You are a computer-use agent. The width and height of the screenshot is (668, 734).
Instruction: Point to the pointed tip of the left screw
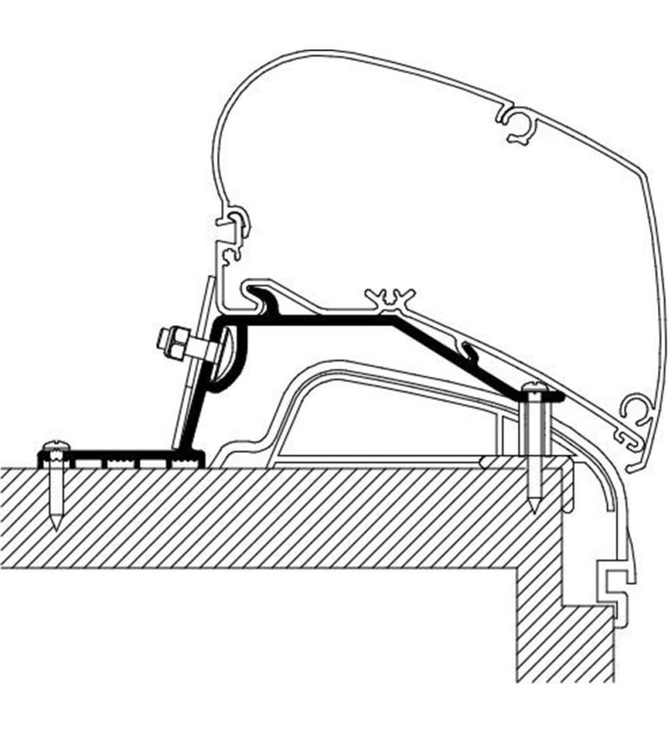pyautogui.click(x=57, y=528)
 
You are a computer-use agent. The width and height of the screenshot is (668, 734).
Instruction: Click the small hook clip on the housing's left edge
pyautogui.click(x=237, y=224)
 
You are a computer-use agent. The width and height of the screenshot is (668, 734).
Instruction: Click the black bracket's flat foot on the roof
pyautogui.click(x=119, y=456)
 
